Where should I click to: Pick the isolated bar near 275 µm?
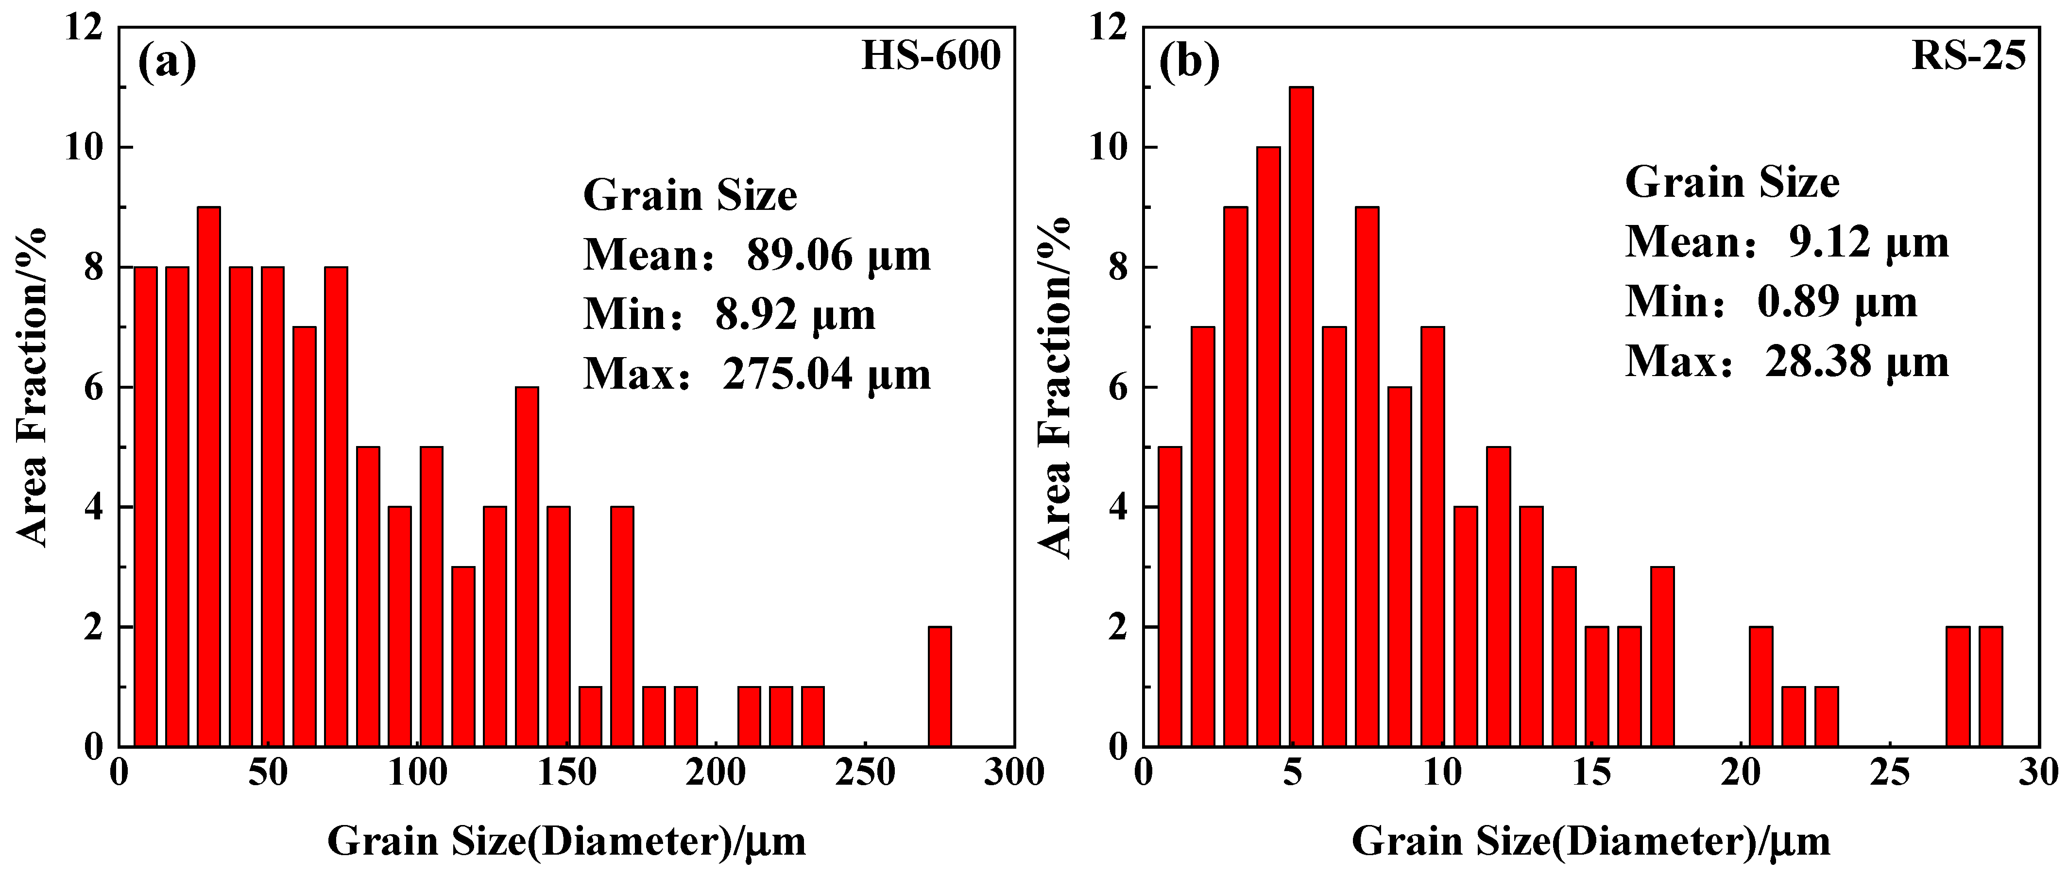(939, 686)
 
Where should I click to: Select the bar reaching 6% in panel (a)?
(527, 566)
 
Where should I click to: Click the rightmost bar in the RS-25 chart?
(1990, 686)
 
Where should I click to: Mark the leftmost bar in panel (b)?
(1170, 596)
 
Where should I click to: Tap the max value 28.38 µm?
(1856, 362)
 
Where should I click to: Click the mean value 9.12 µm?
(1868, 242)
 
